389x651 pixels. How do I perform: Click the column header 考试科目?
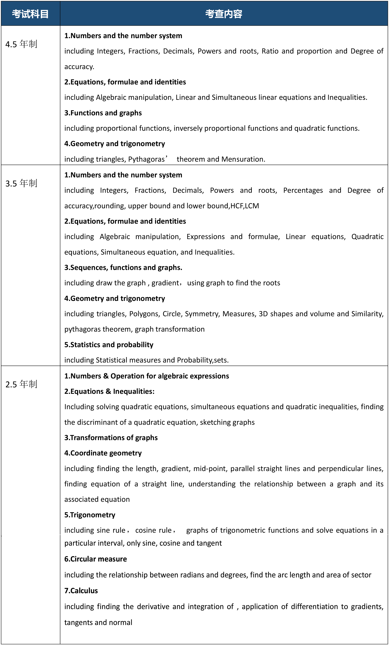[x=30, y=14]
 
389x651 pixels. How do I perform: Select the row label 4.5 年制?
[x=21, y=44]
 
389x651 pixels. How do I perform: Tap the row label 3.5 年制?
[x=21, y=183]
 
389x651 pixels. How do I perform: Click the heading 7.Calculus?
[x=81, y=591]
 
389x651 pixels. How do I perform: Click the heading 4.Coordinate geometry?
[x=103, y=453]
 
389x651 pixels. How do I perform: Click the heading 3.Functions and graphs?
[x=103, y=113]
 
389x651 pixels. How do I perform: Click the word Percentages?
[x=303, y=190]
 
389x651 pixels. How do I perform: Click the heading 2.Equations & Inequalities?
[x=109, y=391]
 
